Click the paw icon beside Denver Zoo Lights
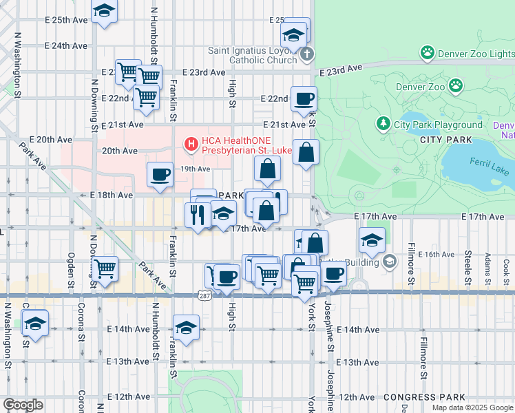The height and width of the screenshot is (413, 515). pos(428,53)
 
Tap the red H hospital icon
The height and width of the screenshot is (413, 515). pos(191,144)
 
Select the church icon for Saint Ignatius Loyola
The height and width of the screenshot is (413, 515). pos(308,54)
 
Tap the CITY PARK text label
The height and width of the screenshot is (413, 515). pos(446,140)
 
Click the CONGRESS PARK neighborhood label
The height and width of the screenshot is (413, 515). pos(424,397)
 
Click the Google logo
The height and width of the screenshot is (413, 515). pos(23,405)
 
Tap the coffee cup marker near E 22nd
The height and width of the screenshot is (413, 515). pos(303,98)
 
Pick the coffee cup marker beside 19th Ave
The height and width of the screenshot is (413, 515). pos(160,174)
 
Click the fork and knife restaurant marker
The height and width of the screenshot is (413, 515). pos(197,215)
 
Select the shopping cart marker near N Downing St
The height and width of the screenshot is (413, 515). pos(105,268)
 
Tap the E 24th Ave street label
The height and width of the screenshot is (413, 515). pos(66,45)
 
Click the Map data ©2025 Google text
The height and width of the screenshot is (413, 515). pos(472,407)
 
